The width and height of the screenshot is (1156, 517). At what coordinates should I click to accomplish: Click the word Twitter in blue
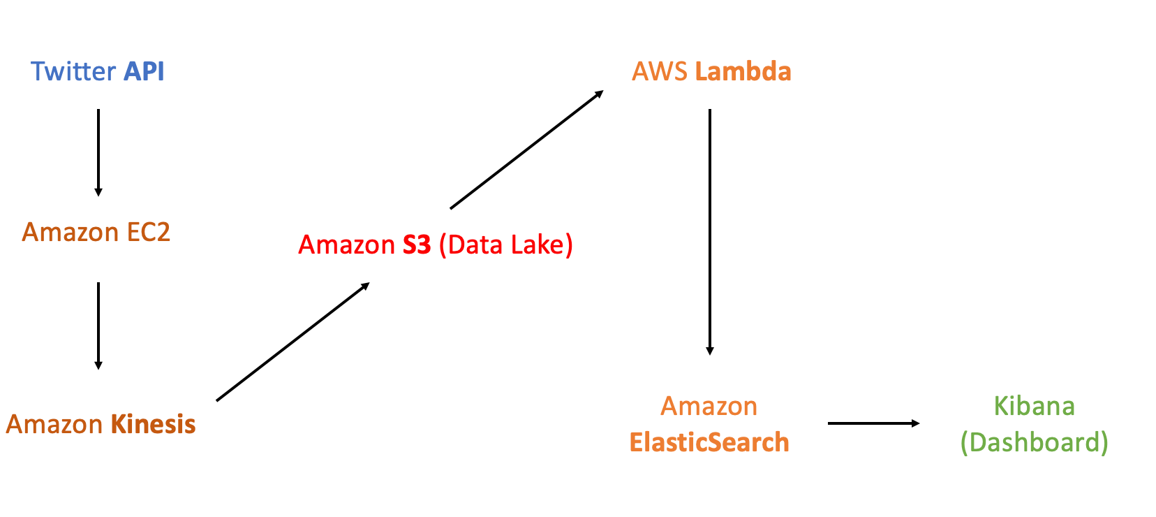point(73,72)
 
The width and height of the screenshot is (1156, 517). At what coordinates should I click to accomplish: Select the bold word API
point(144,72)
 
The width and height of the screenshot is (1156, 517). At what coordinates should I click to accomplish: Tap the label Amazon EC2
point(96,232)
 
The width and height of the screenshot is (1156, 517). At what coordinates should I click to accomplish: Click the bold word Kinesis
point(153,425)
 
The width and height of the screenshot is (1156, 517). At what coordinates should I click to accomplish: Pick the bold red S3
point(417,245)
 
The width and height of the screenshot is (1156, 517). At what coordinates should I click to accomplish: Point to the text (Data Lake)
point(506,245)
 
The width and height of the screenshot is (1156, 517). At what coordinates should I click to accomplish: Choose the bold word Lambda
point(743,72)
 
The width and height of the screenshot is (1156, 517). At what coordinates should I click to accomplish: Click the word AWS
point(660,72)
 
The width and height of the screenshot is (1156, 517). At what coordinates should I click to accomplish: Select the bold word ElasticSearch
point(709,443)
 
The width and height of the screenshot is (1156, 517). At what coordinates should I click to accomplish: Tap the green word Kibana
point(1034,407)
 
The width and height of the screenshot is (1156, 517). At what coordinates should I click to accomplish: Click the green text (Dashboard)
point(1034,443)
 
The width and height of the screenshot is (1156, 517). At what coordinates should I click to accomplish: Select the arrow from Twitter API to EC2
point(98,152)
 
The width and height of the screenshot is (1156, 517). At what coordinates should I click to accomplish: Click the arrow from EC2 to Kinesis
point(98,326)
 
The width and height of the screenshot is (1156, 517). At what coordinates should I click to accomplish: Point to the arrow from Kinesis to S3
point(292,342)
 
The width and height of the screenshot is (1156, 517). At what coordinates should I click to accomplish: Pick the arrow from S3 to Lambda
point(526,150)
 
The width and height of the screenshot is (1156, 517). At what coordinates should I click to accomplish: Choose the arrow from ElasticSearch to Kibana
point(873,423)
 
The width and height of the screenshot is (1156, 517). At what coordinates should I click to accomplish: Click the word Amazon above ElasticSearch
point(709,407)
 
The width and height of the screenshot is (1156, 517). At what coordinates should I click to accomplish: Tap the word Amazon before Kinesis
point(54,425)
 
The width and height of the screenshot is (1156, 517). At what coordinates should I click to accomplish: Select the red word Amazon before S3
point(347,245)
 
